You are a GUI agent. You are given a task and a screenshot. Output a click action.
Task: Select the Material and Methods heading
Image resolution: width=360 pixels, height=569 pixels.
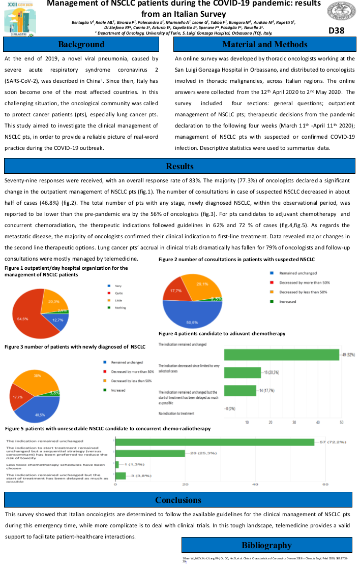pos(264,44)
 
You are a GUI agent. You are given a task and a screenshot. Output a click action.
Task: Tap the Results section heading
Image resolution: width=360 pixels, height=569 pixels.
pos(179,166)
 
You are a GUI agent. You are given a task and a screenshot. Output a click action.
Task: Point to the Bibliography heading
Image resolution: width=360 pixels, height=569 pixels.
pos(266,545)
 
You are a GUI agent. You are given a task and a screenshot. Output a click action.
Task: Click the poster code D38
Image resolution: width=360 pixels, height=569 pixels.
pos(336,30)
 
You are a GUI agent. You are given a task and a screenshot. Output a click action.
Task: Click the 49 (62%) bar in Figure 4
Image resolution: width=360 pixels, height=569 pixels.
pos(282,355)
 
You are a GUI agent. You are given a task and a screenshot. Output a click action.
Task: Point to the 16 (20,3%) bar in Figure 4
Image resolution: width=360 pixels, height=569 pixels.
pos(243,372)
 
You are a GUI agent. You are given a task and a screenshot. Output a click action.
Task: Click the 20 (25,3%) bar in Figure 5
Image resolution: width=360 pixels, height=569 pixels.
pos(150,453)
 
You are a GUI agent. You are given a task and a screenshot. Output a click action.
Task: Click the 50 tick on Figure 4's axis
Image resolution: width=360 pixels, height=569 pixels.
pos(341,422)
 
